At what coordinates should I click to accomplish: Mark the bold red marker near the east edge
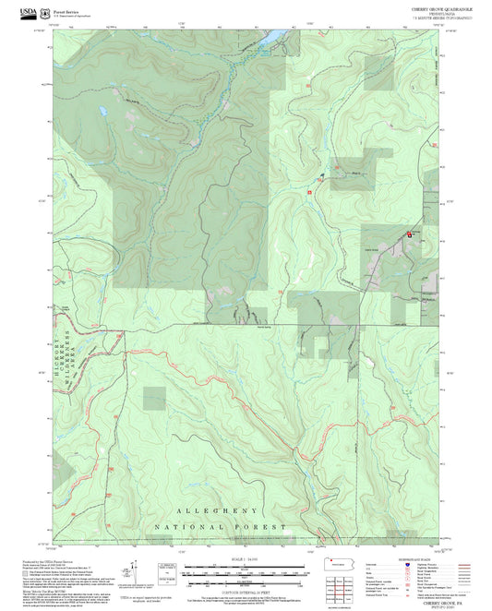pos(409,234)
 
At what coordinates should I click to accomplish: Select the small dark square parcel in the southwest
pos(154,398)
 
